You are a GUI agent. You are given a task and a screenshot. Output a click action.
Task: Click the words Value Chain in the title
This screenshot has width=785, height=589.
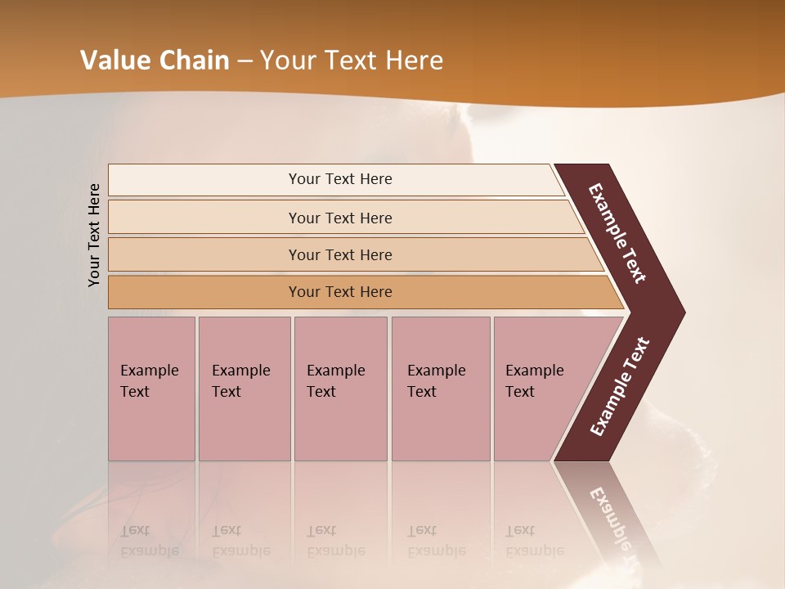tap(155, 61)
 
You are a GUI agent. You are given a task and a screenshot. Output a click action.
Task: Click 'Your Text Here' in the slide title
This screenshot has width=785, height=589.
tap(352, 61)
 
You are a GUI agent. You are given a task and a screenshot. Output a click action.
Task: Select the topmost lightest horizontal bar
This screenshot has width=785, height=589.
tap(204, 180)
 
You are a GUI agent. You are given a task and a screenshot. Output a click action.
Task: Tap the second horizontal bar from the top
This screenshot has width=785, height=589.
tap(204, 218)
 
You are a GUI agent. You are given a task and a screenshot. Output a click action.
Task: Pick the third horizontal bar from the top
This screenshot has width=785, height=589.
tap(204, 254)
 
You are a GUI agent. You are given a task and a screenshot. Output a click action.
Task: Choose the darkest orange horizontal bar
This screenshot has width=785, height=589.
tap(204, 292)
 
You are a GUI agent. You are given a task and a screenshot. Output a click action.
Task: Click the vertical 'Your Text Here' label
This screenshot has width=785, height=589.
tap(94, 235)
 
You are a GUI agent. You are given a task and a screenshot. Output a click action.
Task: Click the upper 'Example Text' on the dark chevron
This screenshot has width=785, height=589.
tap(617, 233)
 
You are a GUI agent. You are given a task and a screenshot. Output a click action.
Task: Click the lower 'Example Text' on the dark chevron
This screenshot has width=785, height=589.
tap(620, 387)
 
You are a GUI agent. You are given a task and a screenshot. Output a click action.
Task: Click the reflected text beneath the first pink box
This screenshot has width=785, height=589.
tap(149, 541)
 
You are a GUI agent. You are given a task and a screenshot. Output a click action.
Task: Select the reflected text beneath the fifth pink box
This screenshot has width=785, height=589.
tap(534, 541)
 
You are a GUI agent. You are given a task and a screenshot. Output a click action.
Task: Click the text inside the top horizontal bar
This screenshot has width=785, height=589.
tap(340, 179)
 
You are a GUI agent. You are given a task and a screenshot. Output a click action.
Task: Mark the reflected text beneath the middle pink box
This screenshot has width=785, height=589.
tap(335, 541)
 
